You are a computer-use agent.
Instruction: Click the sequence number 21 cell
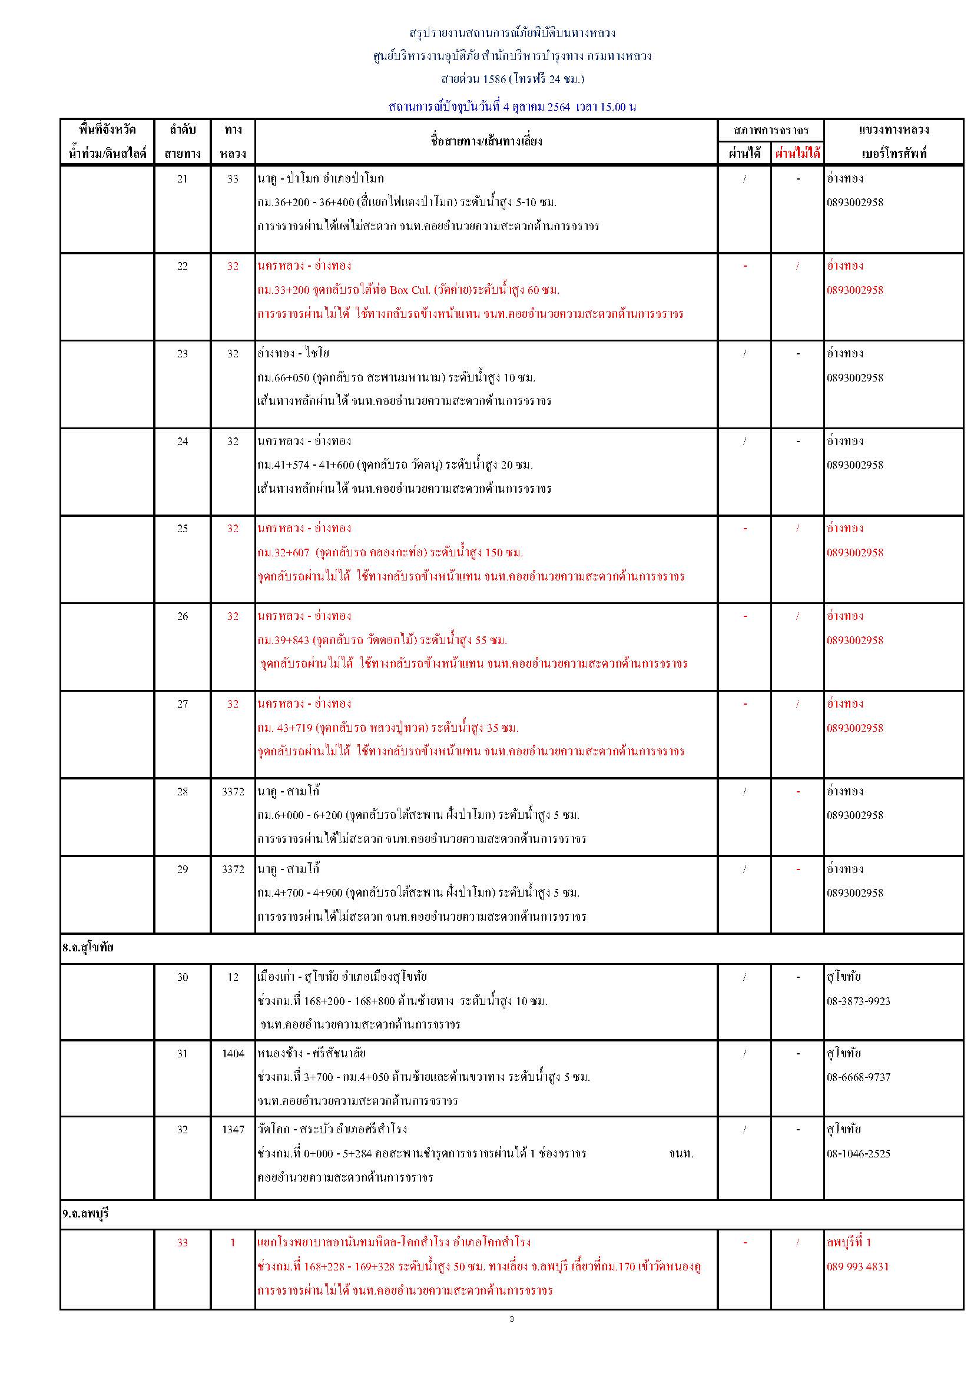(183, 179)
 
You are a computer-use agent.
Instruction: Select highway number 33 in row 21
(233, 179)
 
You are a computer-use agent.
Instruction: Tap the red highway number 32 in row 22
(233, 266)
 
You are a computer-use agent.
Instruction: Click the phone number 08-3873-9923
(858, 1001)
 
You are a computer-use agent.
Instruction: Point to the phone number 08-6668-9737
(858, 1077)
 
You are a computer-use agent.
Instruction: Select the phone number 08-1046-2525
(858, 1153)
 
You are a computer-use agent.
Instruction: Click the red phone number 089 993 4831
(857, 1266)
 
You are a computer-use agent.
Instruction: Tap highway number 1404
(233, 1053)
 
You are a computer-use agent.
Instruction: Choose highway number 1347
(233, 1129)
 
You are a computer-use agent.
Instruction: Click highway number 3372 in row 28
(233, 792)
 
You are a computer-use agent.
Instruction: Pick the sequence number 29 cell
(183, 869)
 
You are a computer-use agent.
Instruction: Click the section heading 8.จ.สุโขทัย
(88, 948)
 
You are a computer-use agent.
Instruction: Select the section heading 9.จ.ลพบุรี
(86, 1213)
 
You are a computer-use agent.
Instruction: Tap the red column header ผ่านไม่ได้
(797, 154)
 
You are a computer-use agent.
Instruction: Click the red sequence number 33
(183, 1242)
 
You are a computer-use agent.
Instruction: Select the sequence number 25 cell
(183, 528)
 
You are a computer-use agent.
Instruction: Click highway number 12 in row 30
(233, 977)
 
